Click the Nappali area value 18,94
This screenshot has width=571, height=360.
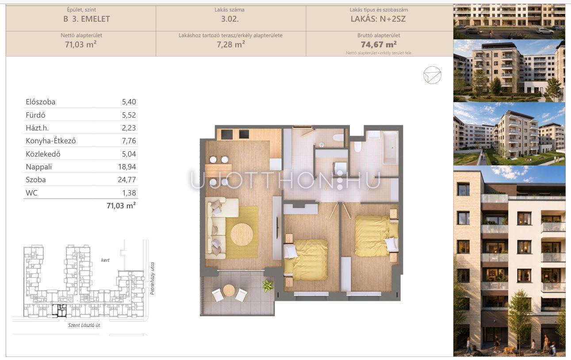click(127, 167)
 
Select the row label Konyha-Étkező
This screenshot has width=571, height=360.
click(51, 141)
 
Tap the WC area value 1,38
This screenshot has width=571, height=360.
click(129, 193)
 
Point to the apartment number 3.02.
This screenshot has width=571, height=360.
click(230, 19)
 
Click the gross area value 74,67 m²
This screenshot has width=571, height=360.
click(379, 44)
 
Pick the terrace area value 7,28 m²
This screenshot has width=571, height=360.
click(231, 44)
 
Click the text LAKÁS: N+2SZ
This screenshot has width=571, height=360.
click(378, 19)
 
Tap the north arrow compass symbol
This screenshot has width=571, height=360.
click(432, 75)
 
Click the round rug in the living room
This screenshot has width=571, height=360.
click(242, 234)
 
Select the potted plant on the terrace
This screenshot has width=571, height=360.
click(268, 285)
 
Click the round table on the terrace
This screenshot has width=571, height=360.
click(229, 290)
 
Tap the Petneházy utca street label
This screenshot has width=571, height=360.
click(153, 279)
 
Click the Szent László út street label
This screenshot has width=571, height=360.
click(84, 325)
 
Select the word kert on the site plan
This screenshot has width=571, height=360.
click(105, 260)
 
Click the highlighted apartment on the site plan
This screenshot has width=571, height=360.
click(59, 310)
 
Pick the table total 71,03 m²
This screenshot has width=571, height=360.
click(121, 206)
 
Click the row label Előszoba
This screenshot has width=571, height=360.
click(41, 102)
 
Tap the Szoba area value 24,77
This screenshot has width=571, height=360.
click(127, 180)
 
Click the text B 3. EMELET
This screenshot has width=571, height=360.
click(87, 19)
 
